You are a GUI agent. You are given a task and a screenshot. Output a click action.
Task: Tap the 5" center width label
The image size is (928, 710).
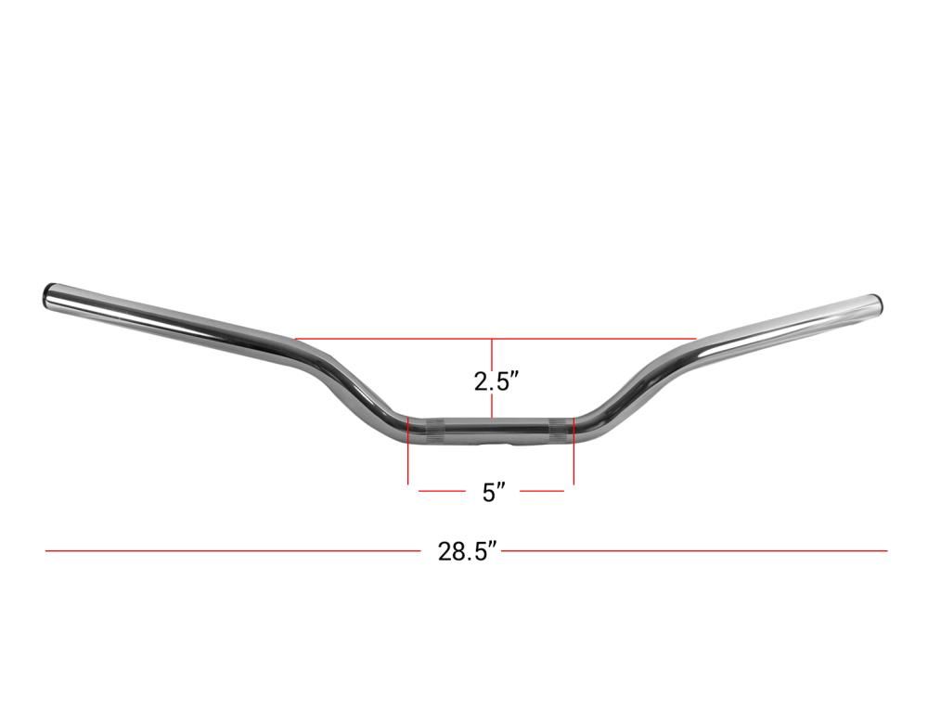point(494,492)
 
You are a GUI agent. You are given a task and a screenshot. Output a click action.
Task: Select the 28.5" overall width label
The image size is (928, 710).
point(466,551)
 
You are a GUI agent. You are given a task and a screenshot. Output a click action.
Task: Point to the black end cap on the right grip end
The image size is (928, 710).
point(880,303)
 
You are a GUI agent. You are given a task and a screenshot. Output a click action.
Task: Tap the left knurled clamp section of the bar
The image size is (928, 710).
point(435,432)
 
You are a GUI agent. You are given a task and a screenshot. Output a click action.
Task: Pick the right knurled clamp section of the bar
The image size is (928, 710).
point(559,431)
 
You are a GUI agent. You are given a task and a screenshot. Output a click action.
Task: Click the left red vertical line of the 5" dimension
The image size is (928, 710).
point(408,450)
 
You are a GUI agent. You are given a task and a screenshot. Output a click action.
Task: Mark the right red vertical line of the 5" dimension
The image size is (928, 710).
point(574,450)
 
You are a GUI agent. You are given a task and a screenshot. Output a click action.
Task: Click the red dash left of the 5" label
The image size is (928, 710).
point(442,491)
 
